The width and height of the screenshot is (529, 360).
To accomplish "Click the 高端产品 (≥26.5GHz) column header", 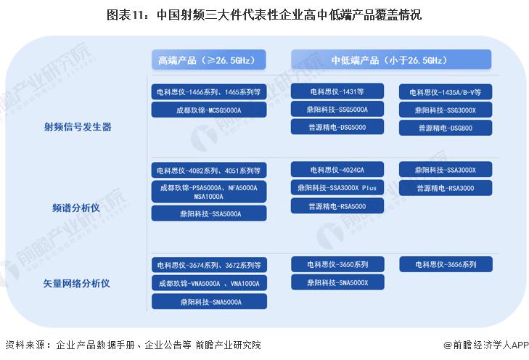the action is (x=208, y=60).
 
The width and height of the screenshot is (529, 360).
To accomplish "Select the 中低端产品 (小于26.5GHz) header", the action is (x=391, y=60).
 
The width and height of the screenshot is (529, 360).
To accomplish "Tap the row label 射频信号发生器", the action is (x=78, y=127).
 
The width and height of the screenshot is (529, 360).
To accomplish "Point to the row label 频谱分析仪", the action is (x=76, y=208).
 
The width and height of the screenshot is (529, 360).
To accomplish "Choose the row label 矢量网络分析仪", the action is (x=76, y=283).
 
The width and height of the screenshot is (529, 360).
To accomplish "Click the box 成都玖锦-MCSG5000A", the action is (x=209, y=110).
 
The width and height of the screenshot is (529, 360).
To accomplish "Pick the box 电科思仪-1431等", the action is (x=337, y=91).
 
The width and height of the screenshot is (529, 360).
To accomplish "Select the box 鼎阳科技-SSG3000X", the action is (x=446, y=110).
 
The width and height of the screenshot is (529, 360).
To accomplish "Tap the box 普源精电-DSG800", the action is (x=446, y=128).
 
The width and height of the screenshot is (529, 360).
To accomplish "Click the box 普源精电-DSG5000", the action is (x=337, y=127).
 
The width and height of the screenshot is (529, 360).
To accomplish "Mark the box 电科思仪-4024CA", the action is (x=337, y=170).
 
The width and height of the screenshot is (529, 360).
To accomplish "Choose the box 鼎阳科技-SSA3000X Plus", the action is (x=337, y=187).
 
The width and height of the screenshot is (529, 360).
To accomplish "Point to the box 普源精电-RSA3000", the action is (x=446, y=188).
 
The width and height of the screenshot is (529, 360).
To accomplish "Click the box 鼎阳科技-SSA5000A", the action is (x=209, y=213).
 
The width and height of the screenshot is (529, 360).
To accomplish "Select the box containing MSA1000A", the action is (x=209, y=192).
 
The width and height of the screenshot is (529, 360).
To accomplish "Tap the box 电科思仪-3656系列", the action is (x=446, y=264).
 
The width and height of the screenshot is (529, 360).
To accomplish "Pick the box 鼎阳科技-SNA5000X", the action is (x=337, y=282).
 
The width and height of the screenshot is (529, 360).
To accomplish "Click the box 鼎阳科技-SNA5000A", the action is (x=209, y=302).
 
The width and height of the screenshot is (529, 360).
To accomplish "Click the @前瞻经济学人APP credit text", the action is (x=485, y=345).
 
